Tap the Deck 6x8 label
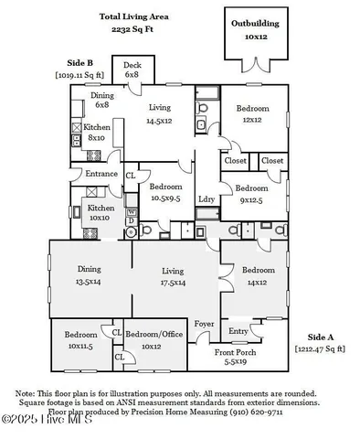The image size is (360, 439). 133,70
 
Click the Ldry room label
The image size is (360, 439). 206,198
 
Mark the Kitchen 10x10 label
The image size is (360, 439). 99,213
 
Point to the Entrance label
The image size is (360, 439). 101,173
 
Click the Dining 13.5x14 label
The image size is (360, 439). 89,275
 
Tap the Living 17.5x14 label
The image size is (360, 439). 174,276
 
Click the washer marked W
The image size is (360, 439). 131,211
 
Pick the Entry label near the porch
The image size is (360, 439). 238,331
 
